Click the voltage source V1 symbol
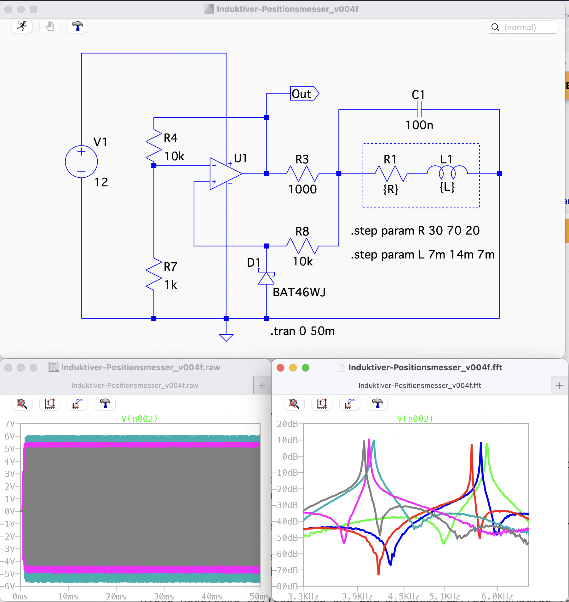tap(81, 162)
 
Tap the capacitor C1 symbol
tap(419, 110)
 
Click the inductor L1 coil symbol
tap(447, 172)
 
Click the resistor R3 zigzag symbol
tap(302, 173)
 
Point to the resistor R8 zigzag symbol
tap(302, 246)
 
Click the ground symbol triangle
tap(226, 338)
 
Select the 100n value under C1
tap(419, 125)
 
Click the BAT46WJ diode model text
tap(299, 292)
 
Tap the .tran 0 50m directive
tap(302, 331)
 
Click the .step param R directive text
tap(415, 231)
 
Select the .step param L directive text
tap(422, 255)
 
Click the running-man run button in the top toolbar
tap(22, 26)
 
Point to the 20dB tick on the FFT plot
tap(287, 424)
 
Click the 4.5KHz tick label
tap(404, 596)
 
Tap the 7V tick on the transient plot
tap(10, 424)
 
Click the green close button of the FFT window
tap(305, 368)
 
